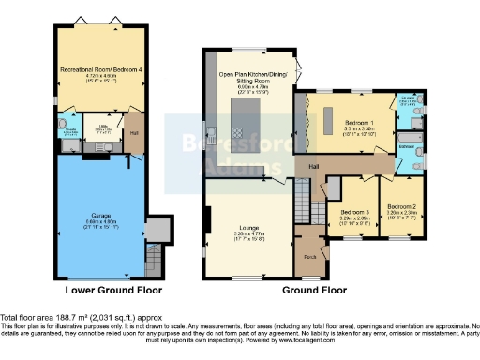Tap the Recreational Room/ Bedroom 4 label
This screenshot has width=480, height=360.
point(102,74)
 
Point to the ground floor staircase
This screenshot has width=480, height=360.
point(303,197)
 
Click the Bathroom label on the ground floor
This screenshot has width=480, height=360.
point(409,147)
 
